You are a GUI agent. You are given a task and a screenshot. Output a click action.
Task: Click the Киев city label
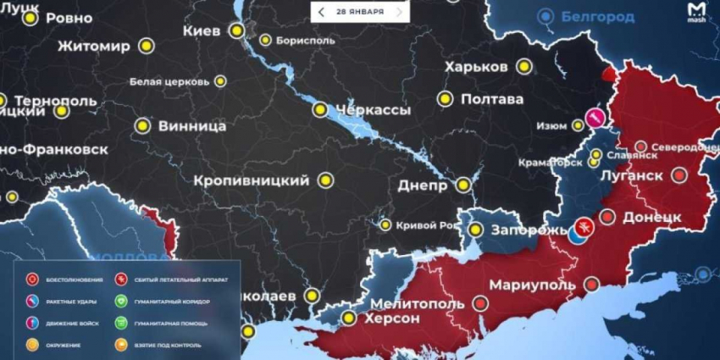pos(201,30)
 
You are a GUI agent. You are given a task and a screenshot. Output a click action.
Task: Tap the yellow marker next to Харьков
pos(524,66)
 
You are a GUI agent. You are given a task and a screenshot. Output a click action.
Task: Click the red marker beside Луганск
pos(679,175)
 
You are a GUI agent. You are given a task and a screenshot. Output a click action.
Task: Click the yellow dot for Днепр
pos(463,185)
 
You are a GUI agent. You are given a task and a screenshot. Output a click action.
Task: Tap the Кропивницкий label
pos(251,180)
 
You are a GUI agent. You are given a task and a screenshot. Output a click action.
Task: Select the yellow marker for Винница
pos(142,126)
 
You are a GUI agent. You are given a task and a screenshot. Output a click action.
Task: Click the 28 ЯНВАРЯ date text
pos(359,12)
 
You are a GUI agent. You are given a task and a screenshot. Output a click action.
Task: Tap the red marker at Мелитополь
pos(480,302)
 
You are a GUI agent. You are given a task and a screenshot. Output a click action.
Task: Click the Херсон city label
pos(390,318)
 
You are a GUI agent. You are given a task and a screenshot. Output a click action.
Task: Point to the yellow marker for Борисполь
pos(265,40)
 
